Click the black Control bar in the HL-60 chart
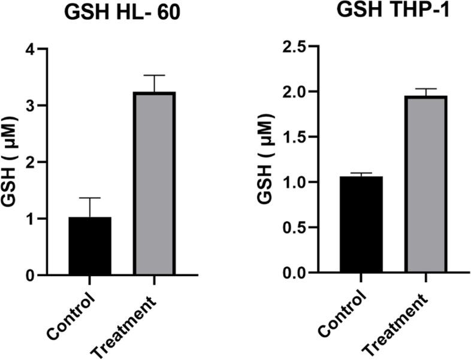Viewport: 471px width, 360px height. coord(89,246)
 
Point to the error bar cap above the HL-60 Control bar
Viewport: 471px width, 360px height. coord(89,198)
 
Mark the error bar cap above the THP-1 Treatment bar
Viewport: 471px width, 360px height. coord(425,89)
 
